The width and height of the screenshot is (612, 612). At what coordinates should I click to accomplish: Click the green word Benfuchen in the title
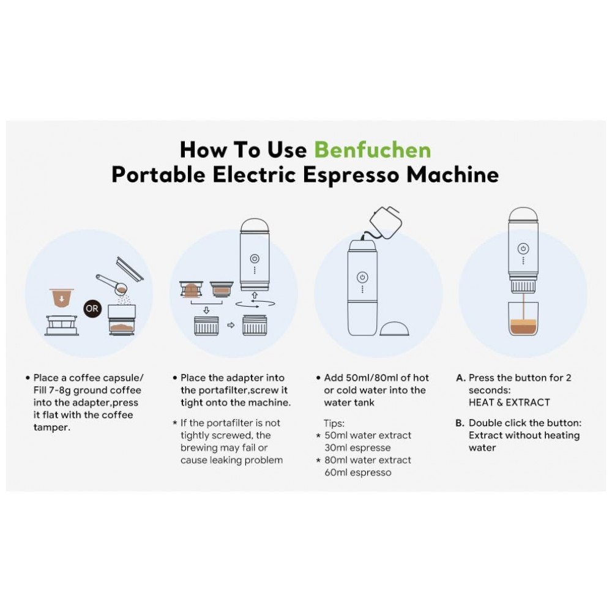(372, 150)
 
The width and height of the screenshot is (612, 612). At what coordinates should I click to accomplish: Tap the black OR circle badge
(92, 308)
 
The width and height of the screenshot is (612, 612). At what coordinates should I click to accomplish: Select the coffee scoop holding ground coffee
(113, 285)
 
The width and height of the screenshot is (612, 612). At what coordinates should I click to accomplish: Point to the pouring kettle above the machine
(384, 223)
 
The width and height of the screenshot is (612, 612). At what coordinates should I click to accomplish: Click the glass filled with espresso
(523, 319)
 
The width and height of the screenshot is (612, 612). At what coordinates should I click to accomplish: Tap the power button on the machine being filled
(362, 277)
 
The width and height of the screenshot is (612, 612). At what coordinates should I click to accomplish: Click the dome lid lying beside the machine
(394, 329)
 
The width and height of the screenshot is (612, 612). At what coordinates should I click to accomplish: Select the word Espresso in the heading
(352, 175)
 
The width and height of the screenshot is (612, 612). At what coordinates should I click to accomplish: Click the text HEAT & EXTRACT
(509, 403)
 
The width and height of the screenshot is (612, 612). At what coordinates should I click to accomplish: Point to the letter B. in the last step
(460, 423)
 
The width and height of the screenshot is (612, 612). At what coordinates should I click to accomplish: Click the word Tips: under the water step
(334, 423)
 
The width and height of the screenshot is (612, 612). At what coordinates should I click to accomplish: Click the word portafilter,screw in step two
(234, 390)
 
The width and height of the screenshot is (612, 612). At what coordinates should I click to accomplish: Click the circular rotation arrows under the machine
(255, 304)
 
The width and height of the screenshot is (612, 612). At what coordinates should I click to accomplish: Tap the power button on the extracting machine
(523, 248)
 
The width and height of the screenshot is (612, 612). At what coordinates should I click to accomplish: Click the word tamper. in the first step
(52, 427)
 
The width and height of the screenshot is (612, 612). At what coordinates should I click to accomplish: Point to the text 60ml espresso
(358, 472)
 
